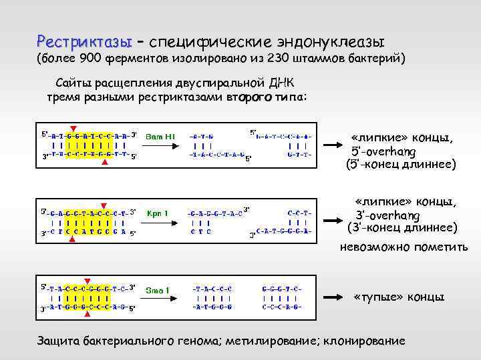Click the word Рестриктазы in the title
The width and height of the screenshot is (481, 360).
85,41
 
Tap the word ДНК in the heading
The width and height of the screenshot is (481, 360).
288,82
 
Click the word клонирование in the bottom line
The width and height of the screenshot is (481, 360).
364,340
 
